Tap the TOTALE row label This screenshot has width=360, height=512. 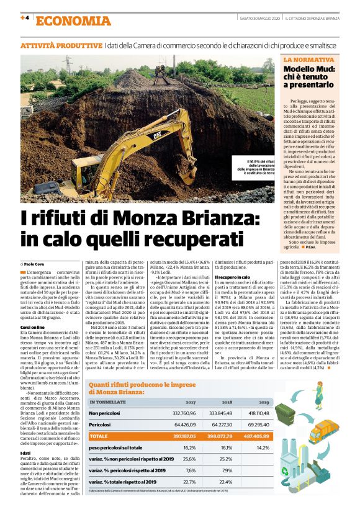click(x=100, y=436)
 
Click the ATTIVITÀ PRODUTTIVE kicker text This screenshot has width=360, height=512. click(x=61, y=47)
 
